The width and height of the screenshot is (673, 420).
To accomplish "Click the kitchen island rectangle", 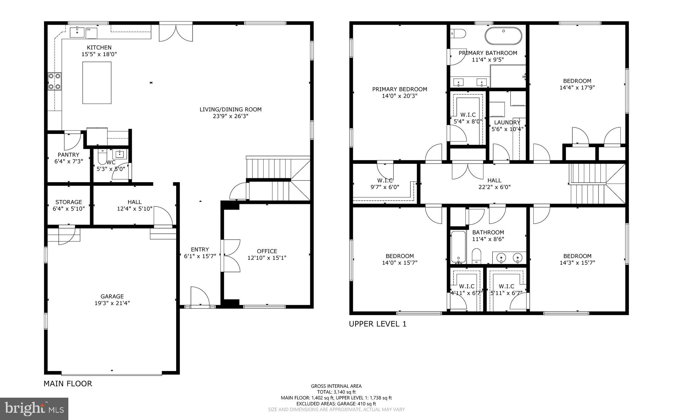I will point(97,83).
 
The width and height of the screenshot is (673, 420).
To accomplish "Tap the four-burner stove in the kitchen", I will point(55,81).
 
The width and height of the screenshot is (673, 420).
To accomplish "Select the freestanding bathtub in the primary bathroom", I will point(503,36).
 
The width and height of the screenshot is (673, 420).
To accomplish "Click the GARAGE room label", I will point(112,296).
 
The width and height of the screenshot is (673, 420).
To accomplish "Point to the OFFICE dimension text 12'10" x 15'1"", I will point(267,258).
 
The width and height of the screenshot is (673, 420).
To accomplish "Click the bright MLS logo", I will point(34,409).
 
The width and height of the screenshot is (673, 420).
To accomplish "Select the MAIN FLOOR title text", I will point(68,384).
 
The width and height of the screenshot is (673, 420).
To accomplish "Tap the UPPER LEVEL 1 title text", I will point(378,324).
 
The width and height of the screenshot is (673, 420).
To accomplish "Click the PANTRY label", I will point(68,155).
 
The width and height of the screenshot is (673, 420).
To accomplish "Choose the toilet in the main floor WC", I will point(102,157).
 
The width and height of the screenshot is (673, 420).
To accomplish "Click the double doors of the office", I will point(232,255).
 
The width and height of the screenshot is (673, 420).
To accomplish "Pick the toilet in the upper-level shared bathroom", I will point(476,256).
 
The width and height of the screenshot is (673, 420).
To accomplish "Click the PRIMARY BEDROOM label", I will point(400,89).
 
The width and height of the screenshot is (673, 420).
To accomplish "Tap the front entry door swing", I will point(200,296).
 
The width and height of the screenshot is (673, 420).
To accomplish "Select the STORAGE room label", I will point(68,202).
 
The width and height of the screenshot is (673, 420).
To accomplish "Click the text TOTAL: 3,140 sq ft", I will point(336,392).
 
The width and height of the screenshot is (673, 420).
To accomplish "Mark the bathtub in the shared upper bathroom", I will point(458,247).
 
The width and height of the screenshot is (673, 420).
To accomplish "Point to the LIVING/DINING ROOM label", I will point(230,109).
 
